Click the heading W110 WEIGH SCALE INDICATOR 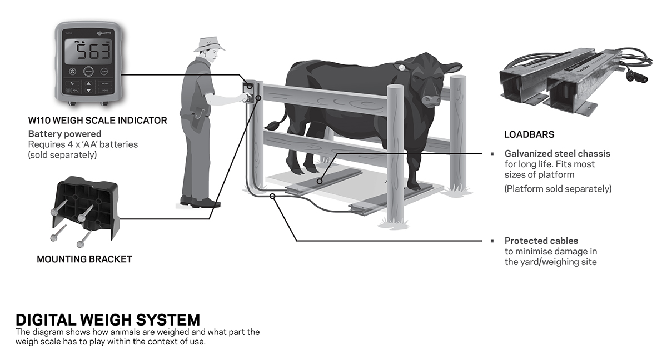coord(97,121)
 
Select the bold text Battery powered coord(64,134)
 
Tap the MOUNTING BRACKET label coord(84,259)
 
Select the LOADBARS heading coord(529,134)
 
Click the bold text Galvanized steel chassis coord(557,153)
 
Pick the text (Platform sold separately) coord(558,189)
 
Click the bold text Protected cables coord(541,241)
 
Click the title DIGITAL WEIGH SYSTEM coord(107,320)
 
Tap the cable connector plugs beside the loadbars coord(632,76)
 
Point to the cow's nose coord(430,100)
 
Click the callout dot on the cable coord(272,196)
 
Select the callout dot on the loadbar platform coord(320,181)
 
